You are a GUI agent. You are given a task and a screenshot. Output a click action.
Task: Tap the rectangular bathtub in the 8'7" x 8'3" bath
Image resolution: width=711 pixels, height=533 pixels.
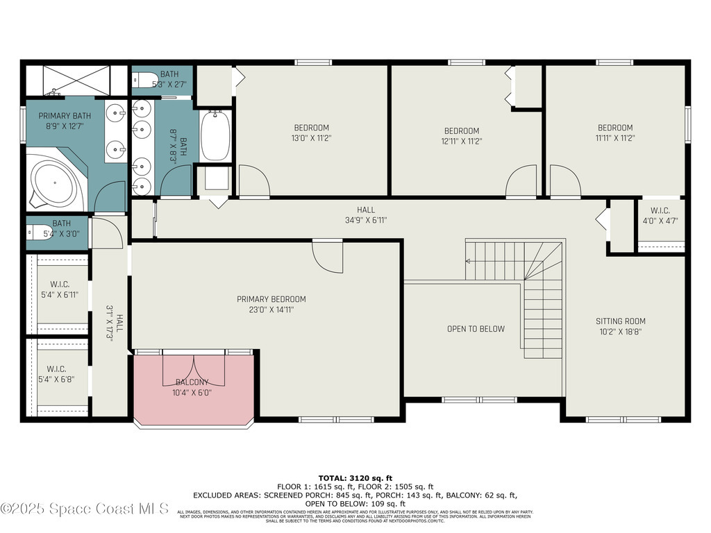tap(215, 136)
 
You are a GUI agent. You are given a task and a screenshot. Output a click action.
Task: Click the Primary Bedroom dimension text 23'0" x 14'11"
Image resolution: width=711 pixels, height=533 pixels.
tap(271, 309)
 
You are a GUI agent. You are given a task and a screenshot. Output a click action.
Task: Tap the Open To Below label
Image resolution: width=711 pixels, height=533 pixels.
tap(476, 329)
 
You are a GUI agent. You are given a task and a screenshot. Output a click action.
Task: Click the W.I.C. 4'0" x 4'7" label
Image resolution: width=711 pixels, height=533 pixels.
tap(664, 216)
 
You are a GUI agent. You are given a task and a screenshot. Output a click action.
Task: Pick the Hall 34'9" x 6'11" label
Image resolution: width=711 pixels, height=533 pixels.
tap(366, 215)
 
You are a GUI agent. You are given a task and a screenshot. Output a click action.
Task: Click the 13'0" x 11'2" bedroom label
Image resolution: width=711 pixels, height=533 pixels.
tap(311, 133)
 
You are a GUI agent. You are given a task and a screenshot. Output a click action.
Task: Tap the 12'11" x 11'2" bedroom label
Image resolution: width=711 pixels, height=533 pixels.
tap(462, 136)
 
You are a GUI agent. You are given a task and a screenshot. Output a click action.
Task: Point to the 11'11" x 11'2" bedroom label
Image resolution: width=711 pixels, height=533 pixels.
tap(615, 133)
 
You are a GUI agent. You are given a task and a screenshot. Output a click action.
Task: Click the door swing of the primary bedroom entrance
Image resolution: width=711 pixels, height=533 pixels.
tap(326, 255)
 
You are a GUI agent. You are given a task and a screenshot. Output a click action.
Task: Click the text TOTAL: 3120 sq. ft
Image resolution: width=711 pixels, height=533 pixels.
tap(355, 478)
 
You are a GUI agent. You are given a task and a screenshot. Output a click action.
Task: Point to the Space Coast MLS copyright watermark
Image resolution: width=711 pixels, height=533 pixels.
tap(85, 509)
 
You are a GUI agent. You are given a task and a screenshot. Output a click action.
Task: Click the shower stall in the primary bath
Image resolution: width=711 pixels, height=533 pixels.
tap(76, 80)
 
